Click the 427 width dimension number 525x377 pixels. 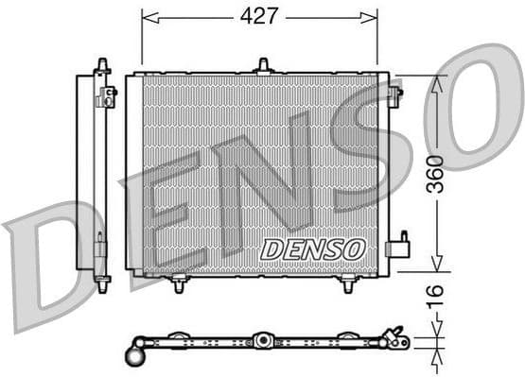(259, 16)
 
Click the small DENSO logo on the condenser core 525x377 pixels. (312, 249)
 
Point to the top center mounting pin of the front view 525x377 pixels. (263, 66)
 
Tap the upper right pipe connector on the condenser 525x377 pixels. (394, 93)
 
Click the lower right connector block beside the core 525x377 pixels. (397, 248)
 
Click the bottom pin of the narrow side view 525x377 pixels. (102, 281)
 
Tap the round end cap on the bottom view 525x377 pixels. (133, 356)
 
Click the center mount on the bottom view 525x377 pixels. (262, 339)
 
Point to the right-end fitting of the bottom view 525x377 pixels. (395, 336)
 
